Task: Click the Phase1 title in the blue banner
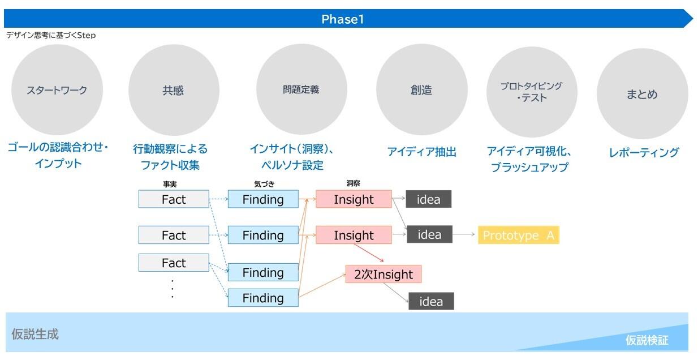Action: [x=342, y=19]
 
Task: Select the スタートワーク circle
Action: [x=57, y=90]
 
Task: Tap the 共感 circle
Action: [x=174, y=90]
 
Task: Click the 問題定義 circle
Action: [x=301, y=89]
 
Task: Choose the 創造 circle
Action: [x=421, y=89]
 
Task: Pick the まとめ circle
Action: [x=642, y=93]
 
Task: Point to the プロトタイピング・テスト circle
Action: [x=532, y=92]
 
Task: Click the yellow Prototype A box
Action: [x=519, y=235]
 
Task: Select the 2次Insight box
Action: [x=384, y=274]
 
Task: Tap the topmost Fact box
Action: [x=174, y=199]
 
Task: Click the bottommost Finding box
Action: [x=263, y=298]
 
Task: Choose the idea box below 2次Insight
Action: [x=431, y=301]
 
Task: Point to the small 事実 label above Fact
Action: [x=170, y=184]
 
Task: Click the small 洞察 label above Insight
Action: [x=353, y=183]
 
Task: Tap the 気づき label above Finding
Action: [x=264, y=184]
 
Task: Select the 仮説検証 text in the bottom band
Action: [x=647, y=340]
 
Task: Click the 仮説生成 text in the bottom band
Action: [x=35, y=334]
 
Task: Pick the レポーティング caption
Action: [x=644, y=152]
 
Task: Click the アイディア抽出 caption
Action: [x=421, y=152]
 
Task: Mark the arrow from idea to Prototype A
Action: [x=464, y=234]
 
